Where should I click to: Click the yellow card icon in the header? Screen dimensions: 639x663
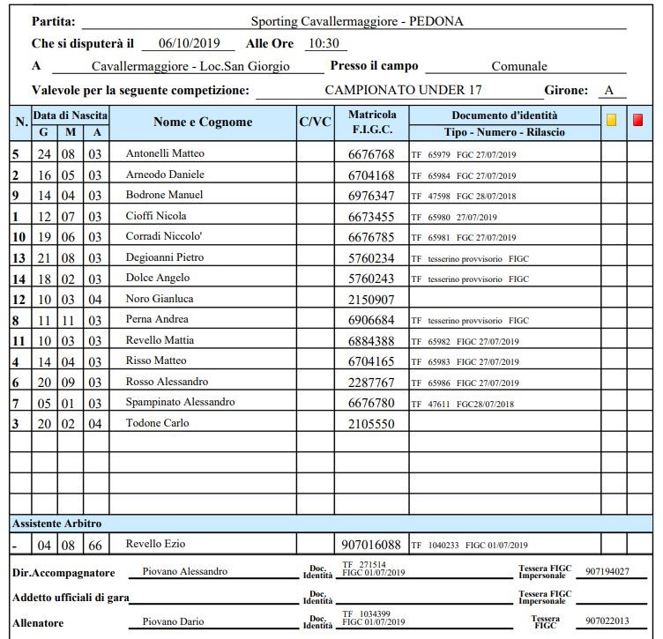click(x=612, y=120)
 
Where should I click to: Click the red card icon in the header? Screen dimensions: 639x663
click(x=638, y=120)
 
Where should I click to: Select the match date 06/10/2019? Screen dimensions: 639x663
click(x=186, y=43)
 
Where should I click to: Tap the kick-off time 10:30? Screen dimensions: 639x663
click(x=326, y=43)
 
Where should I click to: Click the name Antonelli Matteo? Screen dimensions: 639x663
click(x=165, y=153)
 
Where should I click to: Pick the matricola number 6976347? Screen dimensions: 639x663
click(x=372, y=196)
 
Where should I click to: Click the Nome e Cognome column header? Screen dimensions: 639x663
click(x=203, y=123)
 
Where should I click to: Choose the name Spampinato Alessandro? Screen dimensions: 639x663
click(x=181, y=403)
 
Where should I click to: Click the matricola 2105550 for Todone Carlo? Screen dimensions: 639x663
click(x=372, y=424)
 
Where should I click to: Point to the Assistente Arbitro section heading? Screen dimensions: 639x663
click(x=56, y=524)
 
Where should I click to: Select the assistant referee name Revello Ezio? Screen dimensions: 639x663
click(x=156, y=544)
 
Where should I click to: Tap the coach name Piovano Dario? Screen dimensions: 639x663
click(x=173, y=621)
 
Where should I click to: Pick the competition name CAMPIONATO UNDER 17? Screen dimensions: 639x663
click(x=403, y=90)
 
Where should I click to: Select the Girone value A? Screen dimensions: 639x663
click(x=608, y=90)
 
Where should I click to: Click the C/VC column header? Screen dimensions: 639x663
click(x=315, y=123)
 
